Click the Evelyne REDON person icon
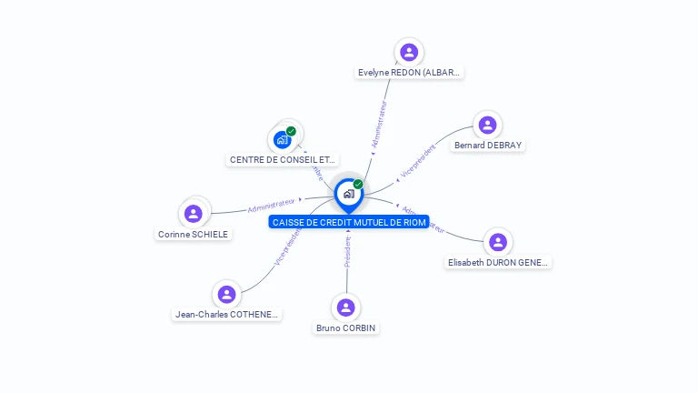pyautogui.click(x=409, y=52)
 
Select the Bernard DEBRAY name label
pyautogui.click(x=488, y=145)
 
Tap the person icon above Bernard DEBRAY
pyautogui.click(x=488, y=125)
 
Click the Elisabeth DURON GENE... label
pyautogui.click(x=498, y=262)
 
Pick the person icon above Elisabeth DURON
pyautogui.click(x=498, y=242)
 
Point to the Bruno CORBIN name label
pyautogui.click(x=345, y=327)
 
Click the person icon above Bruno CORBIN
pyautogui.click(x=345, y=307)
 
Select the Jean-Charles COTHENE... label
pyautogui.click(x=227, y=315)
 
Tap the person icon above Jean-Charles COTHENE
pyautogui.click(x=227, y=294)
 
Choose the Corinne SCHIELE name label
pyautogui.click(x=193, y=234)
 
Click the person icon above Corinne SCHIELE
pyautogui.click(x=193, y=214)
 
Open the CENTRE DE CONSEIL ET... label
pyautogui.click(x=283, y=159)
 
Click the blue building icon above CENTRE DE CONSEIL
pyautogui.click(x=283, y=139)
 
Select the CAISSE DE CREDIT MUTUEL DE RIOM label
pyautogui.click(x=349, y=222)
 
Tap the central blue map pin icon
pyautogui.click(x=348, y=194)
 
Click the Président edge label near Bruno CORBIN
pyautogui.click(x=347, y=253)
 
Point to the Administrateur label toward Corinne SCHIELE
pyautogui.click(x=272, y=206)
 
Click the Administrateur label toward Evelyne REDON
pyautogui.click(x=379, y=125)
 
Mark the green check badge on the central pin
pyautogui.click(x=358, y=184)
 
